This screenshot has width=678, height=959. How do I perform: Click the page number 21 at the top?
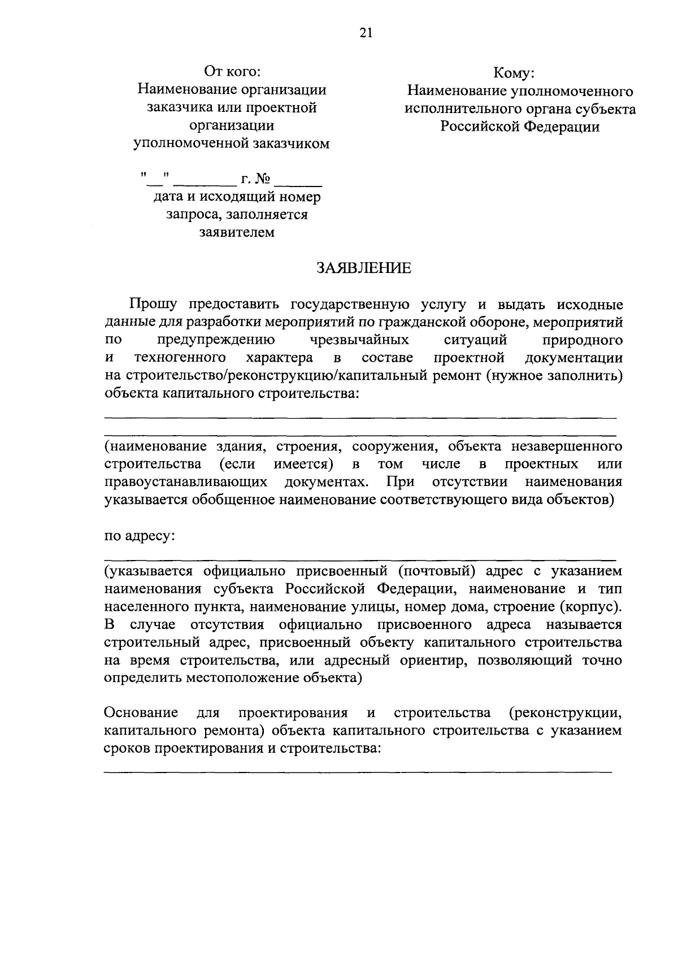(366, 33)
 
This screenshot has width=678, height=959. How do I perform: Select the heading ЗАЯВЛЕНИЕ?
(363, 268)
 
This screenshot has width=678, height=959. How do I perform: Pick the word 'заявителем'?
(237, 232)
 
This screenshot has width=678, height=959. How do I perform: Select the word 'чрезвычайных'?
(360, 340)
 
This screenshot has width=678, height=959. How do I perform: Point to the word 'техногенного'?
(180, 358)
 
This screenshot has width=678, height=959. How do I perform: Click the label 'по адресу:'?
(140, 536)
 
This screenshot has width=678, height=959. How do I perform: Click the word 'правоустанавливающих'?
(186, 482)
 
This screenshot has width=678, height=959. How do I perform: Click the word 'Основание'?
(141, 713)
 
